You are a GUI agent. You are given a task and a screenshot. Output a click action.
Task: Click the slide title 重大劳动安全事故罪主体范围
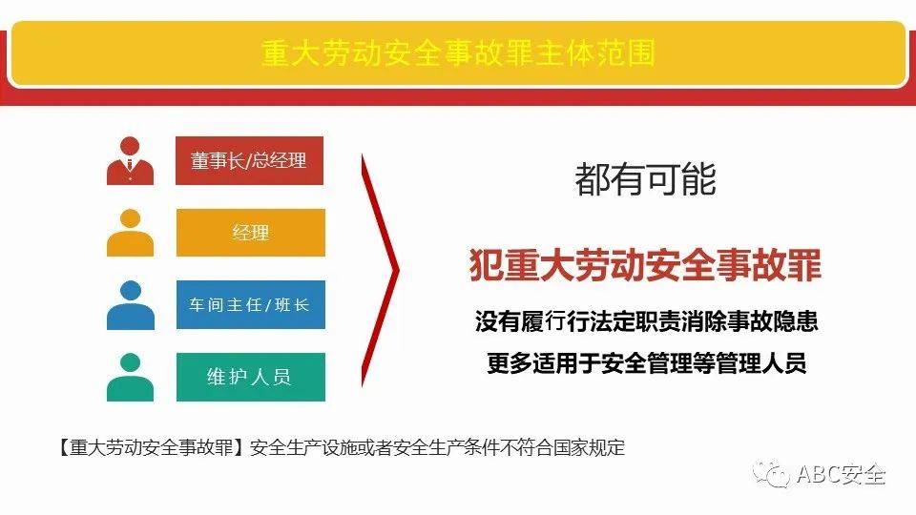[458, 52]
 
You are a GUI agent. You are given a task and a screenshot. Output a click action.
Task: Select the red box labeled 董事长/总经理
[250, 160]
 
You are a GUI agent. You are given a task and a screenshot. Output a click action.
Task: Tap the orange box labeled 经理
[250, 233]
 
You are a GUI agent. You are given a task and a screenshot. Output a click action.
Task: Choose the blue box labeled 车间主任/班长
[250, 305]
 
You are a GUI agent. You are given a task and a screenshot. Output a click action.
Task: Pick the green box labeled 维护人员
[250, 377]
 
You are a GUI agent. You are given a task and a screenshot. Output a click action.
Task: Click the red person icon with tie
[131, 161]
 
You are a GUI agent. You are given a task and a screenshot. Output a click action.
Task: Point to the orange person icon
[131, 233]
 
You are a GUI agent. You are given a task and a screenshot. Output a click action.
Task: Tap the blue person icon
[131, 305]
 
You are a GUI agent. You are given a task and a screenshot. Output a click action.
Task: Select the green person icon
[131, 377]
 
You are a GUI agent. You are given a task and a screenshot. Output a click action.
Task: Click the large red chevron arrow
[382, 271]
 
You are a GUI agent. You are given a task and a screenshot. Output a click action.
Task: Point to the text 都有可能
[645, 178]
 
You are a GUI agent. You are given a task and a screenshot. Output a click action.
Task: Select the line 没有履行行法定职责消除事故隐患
[646, 321]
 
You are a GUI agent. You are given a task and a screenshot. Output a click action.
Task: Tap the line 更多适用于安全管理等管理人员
[646, 363]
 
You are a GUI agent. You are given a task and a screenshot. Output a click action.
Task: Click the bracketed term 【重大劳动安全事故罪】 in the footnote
[150, 447]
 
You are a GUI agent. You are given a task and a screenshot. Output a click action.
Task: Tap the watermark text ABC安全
[841, 473]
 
